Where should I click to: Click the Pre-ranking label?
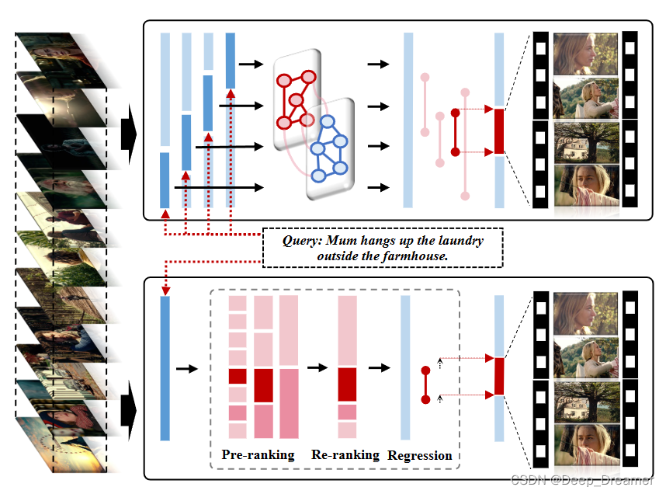pos(258,455)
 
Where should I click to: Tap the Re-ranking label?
pos(345,455)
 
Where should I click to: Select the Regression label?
pos(419,456)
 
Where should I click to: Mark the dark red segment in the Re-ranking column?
pos(346,384)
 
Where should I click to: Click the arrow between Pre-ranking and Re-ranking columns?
pos(317,368)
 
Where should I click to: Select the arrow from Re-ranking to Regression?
pos(379,368)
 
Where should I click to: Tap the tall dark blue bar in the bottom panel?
pos(165,368)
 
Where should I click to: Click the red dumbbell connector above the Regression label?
pos(425,385)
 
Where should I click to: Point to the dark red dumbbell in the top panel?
pos(455,132)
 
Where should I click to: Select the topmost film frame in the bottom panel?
pos(586,315)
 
